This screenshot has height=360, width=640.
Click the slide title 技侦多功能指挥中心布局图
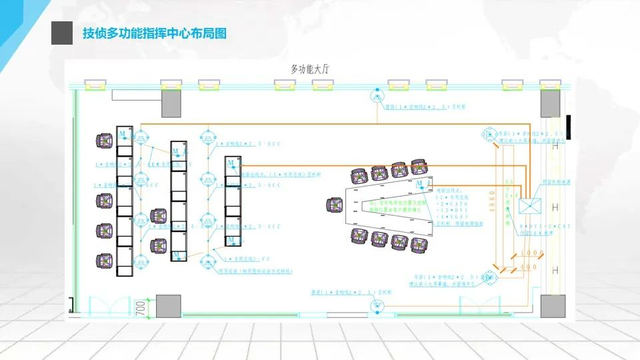pos(154,33)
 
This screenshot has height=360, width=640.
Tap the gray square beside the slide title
pos(62,33)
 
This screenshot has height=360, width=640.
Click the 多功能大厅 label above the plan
pos(311,68)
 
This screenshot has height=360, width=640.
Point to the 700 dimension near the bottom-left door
pos(141,307)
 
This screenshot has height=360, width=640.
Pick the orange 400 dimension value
pos(529,267)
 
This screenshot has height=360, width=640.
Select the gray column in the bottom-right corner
pos(553,306)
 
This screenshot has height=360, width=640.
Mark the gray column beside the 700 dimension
pos(169,306)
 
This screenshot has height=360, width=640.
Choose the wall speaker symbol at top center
pos(375,95)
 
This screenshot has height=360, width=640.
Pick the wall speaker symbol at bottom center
pos(375,305)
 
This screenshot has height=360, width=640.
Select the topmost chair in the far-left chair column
pos(105,141)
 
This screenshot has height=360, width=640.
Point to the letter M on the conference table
pos(419,183)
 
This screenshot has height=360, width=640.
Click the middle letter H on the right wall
pos(555,209)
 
